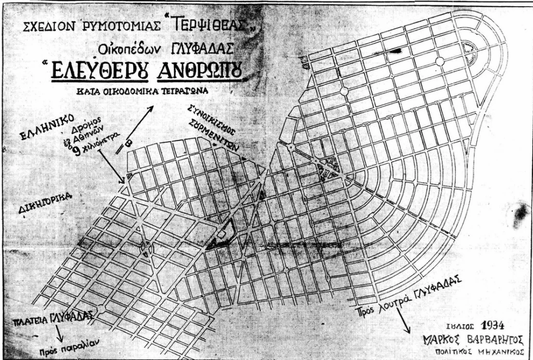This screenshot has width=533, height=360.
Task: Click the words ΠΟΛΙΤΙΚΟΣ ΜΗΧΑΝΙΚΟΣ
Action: pyautogui.click(x=471, y=352)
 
